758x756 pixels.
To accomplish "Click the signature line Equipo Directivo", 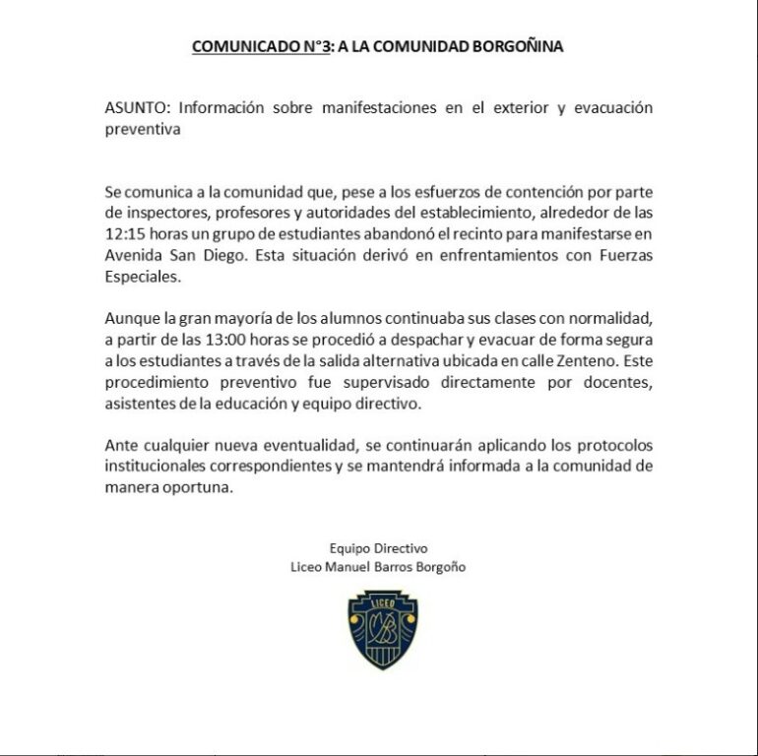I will tap(379, 548).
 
